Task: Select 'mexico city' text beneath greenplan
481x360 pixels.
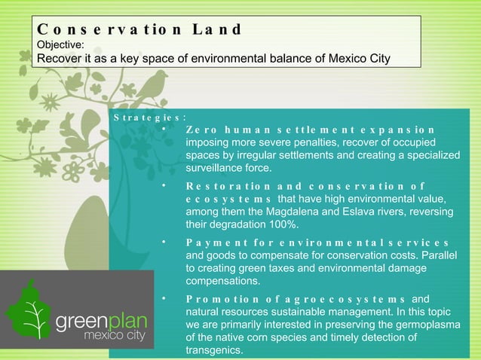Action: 115,336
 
